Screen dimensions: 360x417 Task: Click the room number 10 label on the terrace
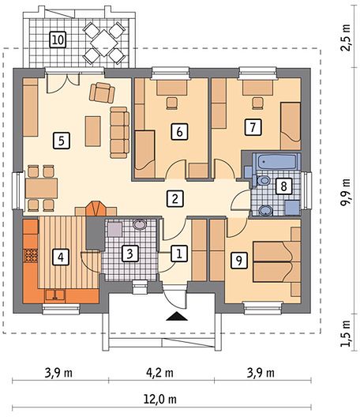tap(58, 39)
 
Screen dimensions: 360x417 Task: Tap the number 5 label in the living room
tap(62, 141)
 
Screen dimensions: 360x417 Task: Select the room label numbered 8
tap(283, 186)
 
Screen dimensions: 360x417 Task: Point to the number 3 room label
tap(129, 254)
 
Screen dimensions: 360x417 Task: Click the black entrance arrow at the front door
tap(177, 316)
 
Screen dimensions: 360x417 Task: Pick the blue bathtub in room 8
tap(276, 161)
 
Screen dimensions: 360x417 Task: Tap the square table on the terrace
tap(103, 43)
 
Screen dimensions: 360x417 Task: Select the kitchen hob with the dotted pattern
tap(31, 255)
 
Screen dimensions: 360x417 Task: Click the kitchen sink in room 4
tap(55, 295)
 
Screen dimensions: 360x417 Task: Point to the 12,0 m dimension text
tap(160, 399)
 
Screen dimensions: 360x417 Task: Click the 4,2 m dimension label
tap(159, 373)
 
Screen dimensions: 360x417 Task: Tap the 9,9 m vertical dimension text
tap(345, 192)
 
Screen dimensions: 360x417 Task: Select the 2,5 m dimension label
tap(346, 37)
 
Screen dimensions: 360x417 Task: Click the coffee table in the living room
tap(93, 131)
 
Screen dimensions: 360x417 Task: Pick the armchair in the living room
tap(102, 92)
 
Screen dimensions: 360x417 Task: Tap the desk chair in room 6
tap(172, 103)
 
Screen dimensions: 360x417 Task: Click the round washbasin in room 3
tap(140, 224)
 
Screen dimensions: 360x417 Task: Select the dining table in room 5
tap(42, 188)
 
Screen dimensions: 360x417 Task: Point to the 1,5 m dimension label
tap(346, 333)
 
